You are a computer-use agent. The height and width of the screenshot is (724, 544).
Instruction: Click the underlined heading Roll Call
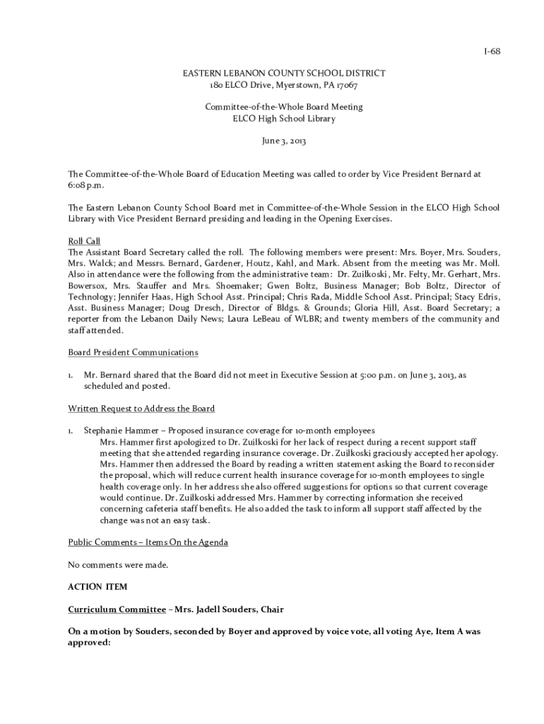[84, 241]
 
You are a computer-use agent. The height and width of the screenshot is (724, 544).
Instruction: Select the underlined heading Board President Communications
[133, 352]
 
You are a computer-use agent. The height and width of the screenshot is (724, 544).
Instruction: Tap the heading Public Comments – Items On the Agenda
[148, 542]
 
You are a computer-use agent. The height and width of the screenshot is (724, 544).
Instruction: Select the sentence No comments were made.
[118, 565]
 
